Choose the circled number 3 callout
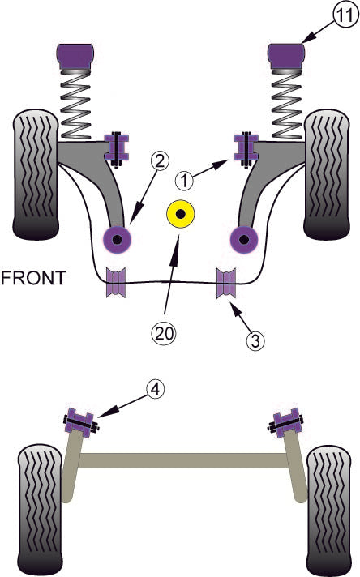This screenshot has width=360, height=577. point(255,340)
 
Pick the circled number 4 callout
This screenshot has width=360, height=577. point(157,391)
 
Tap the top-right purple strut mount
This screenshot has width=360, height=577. point(285,58)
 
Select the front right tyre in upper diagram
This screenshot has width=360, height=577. point(325,177)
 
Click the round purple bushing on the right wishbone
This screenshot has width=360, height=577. point(242,238)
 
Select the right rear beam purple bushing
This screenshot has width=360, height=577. point(285,425)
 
